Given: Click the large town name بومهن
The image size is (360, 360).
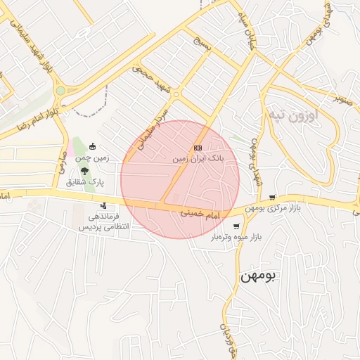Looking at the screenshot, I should (259, 276).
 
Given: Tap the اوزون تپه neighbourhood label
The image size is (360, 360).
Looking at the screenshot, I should (292, 114).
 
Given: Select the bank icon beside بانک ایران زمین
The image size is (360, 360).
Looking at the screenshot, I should (198, 148).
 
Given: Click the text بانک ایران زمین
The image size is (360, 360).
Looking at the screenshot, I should (200, 160).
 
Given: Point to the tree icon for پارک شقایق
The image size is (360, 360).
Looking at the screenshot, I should (85, 170).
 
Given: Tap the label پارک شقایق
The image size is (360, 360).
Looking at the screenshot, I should (85, 182).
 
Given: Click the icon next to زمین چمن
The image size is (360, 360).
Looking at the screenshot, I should (92, 146).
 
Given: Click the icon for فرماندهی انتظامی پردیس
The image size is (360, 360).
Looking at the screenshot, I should (104, 206).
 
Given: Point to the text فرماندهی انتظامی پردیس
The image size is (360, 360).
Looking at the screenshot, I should (98, 222).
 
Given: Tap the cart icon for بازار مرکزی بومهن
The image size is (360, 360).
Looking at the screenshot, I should (272, 198).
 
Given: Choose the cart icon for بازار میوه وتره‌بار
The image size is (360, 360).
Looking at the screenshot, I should (236, 226).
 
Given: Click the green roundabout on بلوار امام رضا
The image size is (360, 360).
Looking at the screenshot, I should (60, 91).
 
